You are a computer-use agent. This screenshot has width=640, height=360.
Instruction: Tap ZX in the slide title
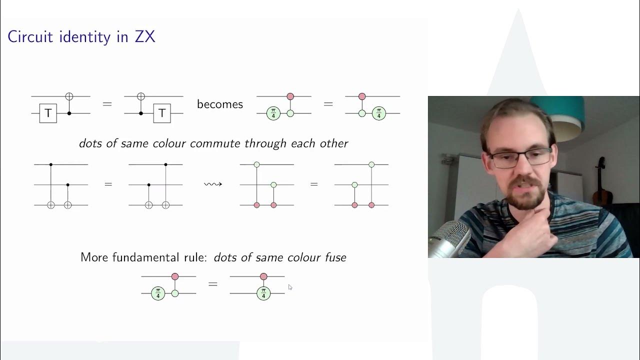[x=144, y=36]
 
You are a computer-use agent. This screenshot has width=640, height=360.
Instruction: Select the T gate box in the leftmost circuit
[x=48, y=113]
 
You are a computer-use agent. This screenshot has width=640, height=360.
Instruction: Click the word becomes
[x=219, y=104]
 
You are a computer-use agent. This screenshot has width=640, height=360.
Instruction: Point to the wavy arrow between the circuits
[x=212, y=184]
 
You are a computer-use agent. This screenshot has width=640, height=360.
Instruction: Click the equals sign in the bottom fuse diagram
[x=213, y=284]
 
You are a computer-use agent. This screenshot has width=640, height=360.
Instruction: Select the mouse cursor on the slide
[x=290, y=287]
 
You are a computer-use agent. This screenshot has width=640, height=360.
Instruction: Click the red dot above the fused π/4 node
[x=263, y=276]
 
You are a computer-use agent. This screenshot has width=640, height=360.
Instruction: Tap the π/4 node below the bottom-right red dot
[x=263, y=293]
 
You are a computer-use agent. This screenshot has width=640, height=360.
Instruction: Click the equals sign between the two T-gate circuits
[x=107, y=104]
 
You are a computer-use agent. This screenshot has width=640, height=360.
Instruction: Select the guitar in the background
[x=600, y=182]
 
